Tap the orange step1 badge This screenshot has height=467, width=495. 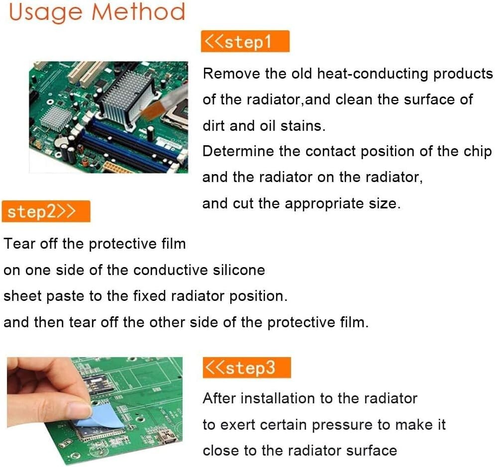[245, 42]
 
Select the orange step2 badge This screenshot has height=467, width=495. [46, 211]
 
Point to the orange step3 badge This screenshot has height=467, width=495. [246, 368]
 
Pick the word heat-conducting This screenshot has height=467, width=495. [373, 74]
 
